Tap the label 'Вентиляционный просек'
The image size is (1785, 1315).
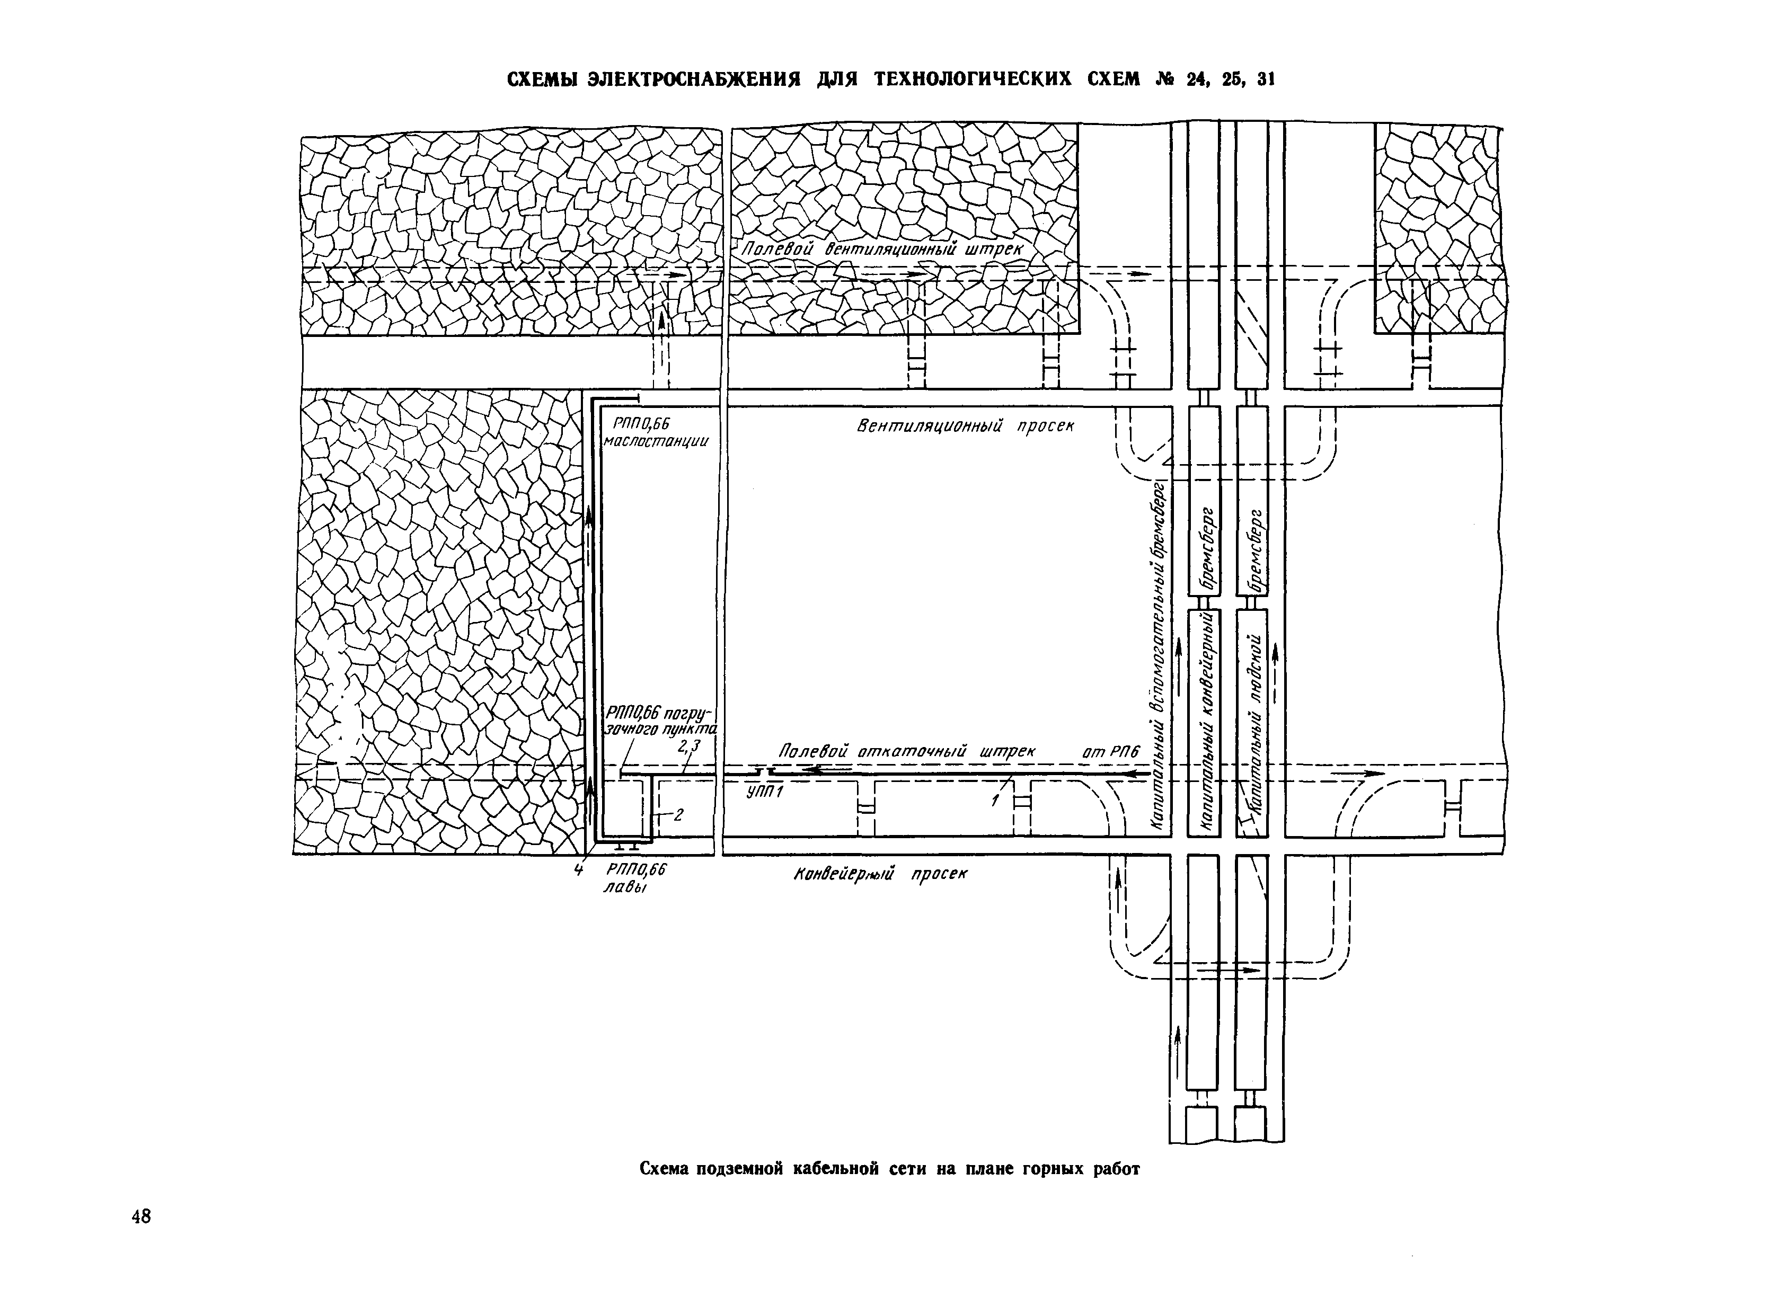pyautogui.click(x=965, y=427)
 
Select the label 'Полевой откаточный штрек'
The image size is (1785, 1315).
pyautogui.click(x=906, y=751)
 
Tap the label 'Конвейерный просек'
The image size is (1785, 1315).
pyautogui.click(x=880, y=874)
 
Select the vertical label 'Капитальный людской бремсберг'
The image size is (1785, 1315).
pyautogui.click(x=1252, y=669)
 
